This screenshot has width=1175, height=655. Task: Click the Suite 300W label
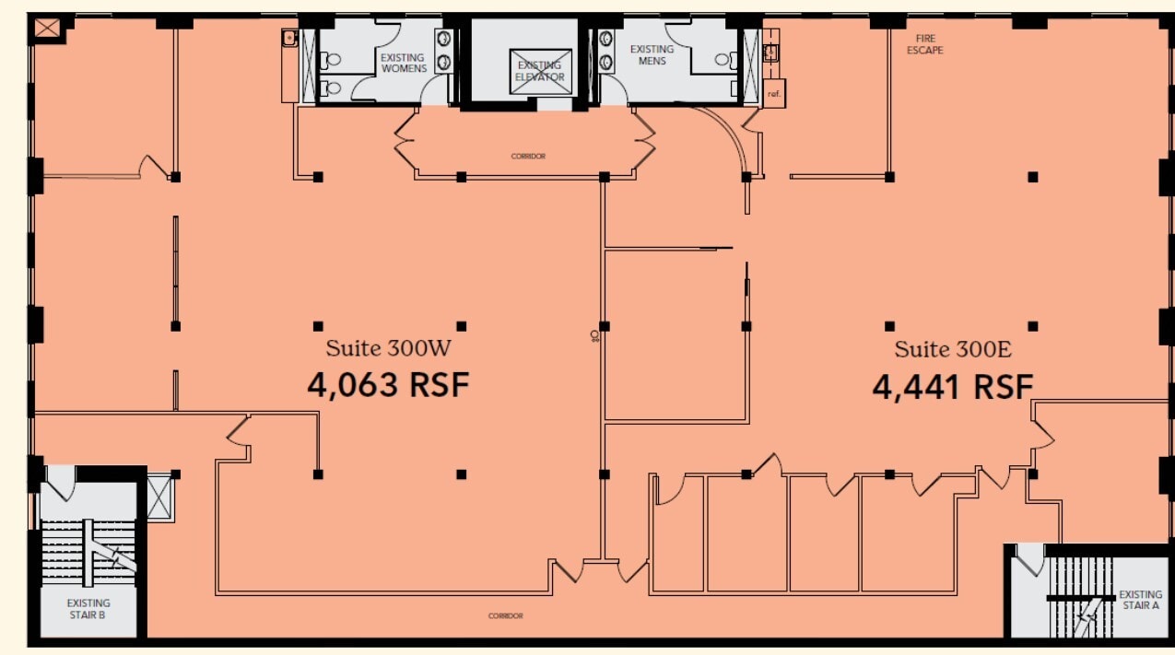[388, 348]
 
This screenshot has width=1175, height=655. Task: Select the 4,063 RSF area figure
[388, 384]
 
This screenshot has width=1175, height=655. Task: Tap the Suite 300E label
[953, 349]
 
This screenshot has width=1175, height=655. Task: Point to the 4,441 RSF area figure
[953, 386]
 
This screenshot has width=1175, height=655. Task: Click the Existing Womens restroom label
[404, 63]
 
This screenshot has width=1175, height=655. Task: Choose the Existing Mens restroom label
[652, 55]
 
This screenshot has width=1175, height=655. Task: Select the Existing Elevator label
[540, 71]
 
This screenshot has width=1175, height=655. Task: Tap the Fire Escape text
[924, 44]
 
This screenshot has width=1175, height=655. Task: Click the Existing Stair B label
[88, 609]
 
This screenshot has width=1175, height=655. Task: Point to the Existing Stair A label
[1140, 600]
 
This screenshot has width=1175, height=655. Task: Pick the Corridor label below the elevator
[528, 157]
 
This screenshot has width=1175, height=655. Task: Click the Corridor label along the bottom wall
[506, 615]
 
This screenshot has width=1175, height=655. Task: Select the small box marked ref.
[773, 93]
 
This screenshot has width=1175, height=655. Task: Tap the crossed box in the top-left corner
[46, 29]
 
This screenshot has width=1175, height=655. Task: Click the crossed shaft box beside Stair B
[159, 497]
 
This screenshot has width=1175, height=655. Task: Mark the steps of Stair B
[88, 553]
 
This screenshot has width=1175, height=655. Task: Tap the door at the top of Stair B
[61, 481]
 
